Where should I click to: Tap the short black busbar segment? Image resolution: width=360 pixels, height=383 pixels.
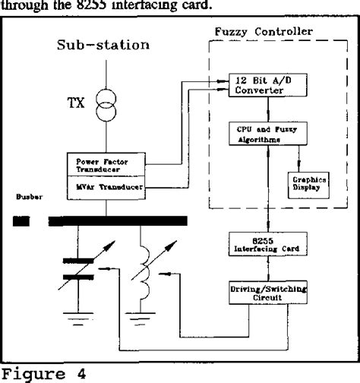(x=22, y=221)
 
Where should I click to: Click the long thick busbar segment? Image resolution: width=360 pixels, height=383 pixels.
(x=117, y=221)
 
